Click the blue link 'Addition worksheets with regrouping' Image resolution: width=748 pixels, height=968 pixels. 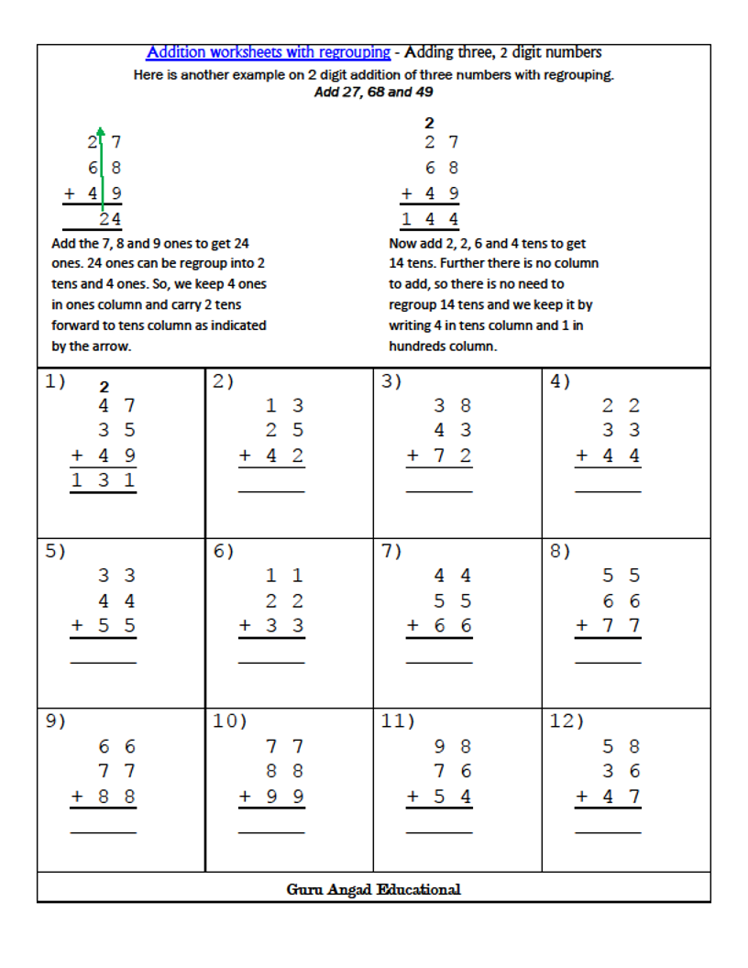[x=269, y=52]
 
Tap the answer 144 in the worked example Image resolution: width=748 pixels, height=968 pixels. [x=429, y=218]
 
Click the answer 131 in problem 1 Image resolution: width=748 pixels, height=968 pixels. [x=104, y=479]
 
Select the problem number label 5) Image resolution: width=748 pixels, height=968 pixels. [x=56, y=551]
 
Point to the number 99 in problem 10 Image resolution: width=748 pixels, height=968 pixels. [x=284, y=797]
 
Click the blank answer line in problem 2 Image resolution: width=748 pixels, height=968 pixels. [x=271, y=492]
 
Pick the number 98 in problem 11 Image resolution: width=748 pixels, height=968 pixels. [x=453, y=746]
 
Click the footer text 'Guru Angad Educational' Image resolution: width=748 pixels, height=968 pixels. [x=373, y=888]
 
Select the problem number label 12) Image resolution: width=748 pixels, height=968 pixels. [x=566, y=721]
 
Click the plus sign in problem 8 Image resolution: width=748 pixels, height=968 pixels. [x=582, y=626]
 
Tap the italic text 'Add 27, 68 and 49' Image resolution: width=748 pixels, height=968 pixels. [x=373, y=92]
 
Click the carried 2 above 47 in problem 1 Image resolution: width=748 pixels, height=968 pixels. [x=104, y=387]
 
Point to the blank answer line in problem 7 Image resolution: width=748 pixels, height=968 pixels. [x=439, y=663]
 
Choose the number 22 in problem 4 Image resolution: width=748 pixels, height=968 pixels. [x=621, y=405]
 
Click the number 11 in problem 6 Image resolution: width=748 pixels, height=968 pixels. [x=284, y=576]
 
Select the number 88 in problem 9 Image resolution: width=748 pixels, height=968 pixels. [x=116, y=797]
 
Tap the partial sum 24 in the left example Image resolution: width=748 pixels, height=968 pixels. [x=110, y=219]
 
